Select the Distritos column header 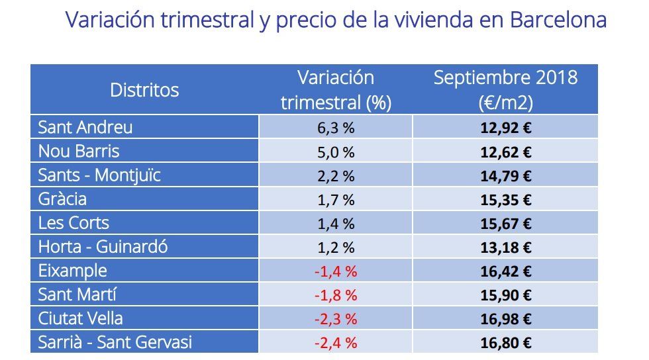(144, 90)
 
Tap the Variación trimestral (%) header (336, 90)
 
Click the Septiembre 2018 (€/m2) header (505, 90)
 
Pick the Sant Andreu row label (85, 127)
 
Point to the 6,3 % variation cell (336, 128)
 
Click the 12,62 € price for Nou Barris (505, 152)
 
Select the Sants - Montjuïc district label (99, 175)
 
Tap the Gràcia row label (62, 199)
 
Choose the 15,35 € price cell (505, 200)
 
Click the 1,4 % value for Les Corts (336, 224)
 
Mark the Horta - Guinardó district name (103, 247)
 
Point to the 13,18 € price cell (505, 247)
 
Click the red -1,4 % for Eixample (336, 271)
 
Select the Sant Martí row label (77, 294)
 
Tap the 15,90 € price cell (505, 295)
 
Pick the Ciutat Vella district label (80, 318)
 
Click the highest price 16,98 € (505, 319)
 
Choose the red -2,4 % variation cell (336, 343)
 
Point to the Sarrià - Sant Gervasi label (115, 342)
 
